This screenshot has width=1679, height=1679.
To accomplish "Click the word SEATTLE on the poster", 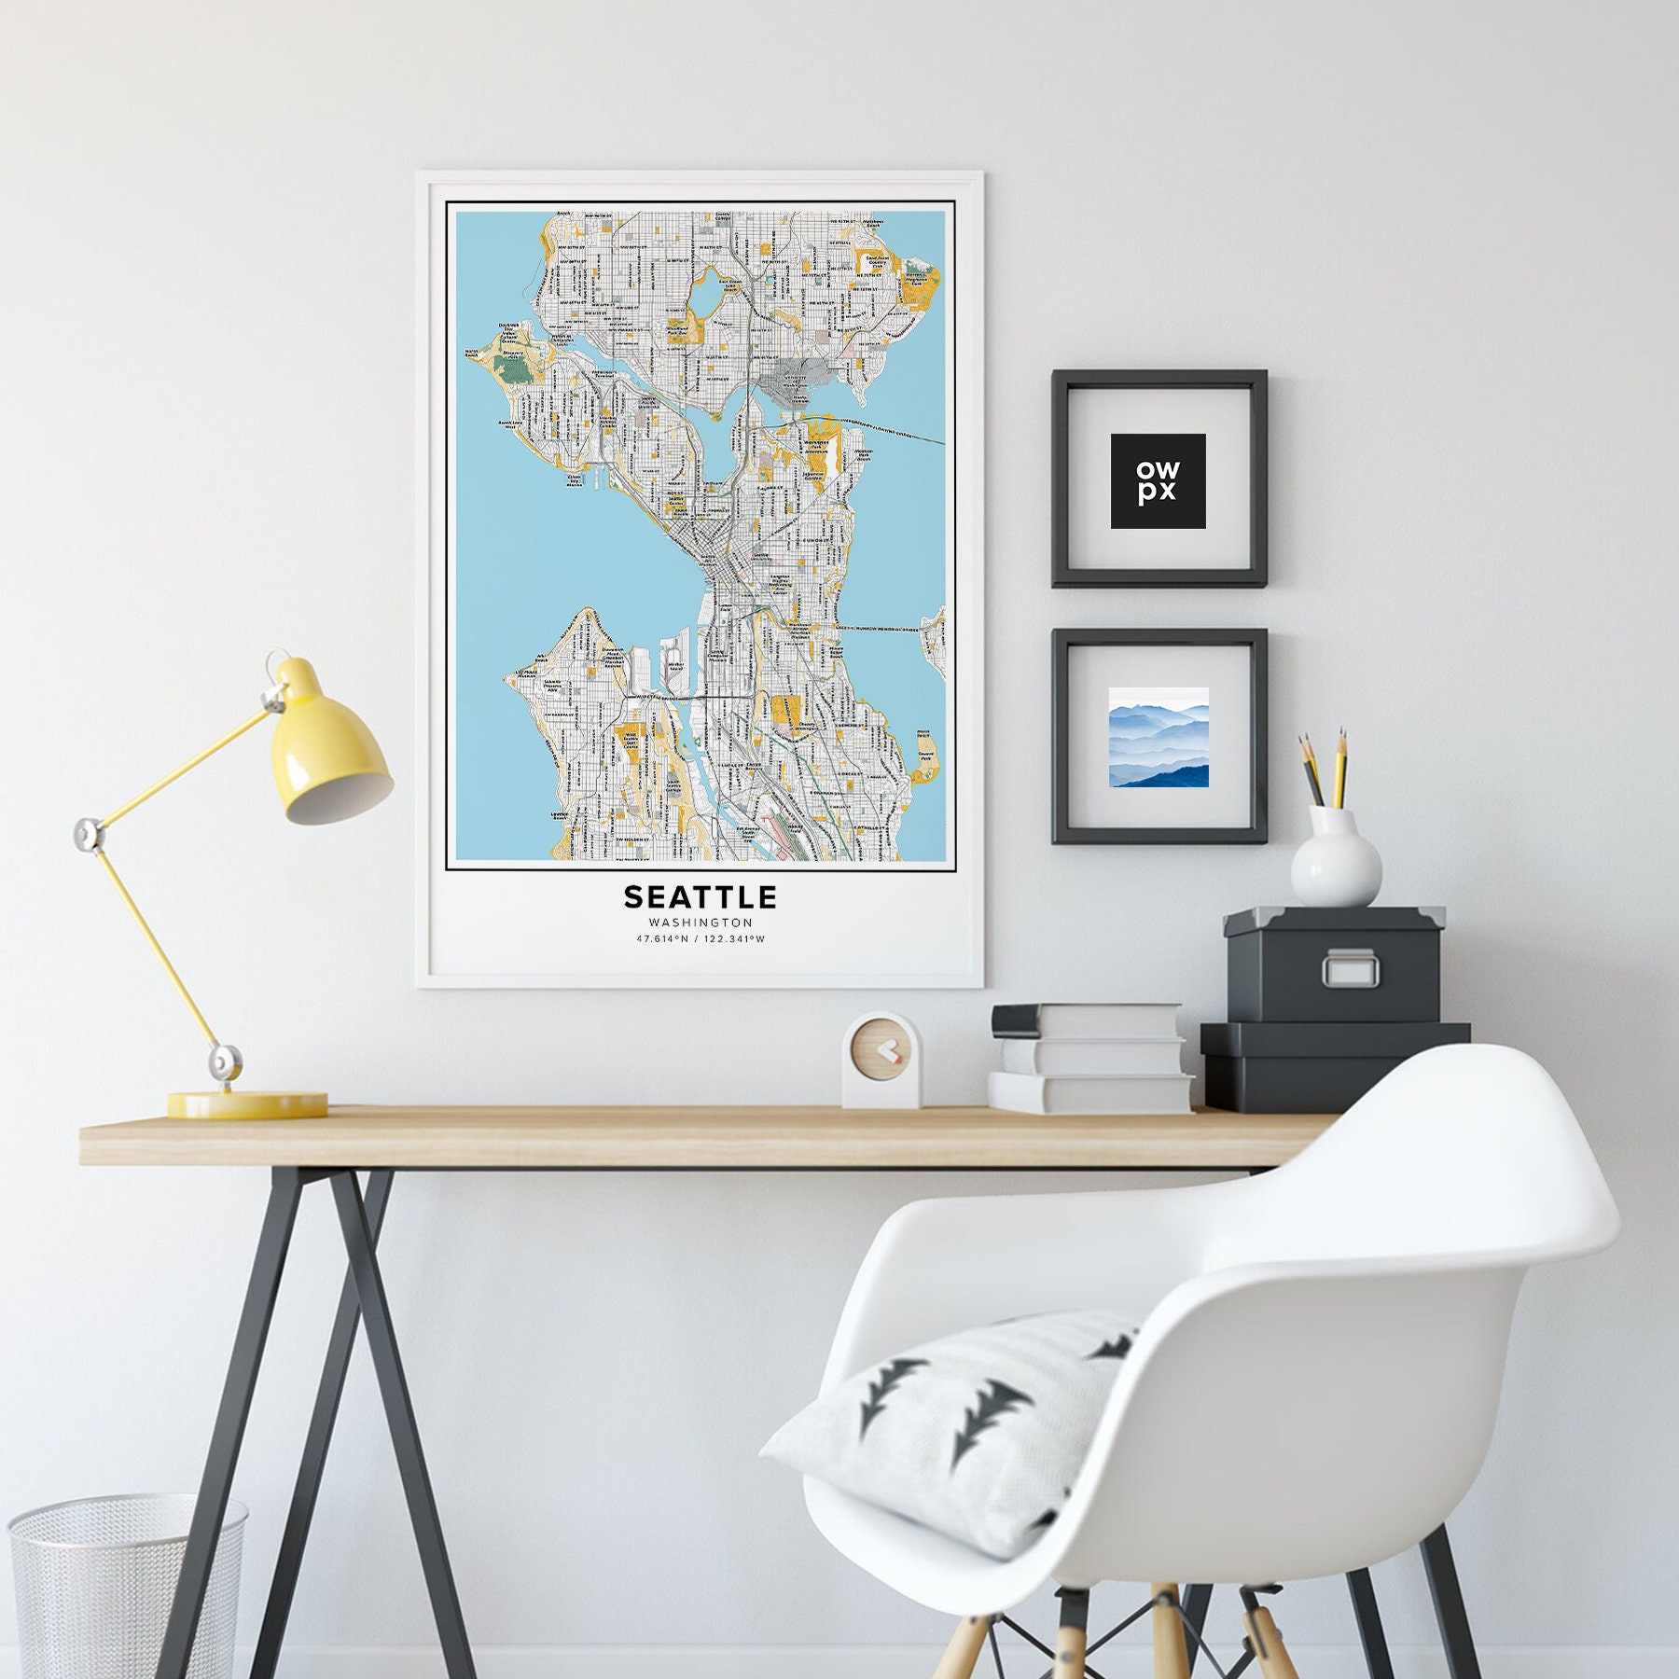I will click(700, 897).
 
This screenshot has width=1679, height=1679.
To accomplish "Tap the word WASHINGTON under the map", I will click(701, 923).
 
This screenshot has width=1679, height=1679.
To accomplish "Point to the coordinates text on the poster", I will click(701, 939).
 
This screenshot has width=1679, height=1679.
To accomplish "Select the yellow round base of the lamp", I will click(247, 1105).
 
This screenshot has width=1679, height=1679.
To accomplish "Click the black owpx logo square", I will click(1158, 480).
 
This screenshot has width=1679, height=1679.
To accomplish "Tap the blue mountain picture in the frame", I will click(1159, 737).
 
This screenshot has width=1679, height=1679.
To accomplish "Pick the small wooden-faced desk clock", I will click(881, 1061).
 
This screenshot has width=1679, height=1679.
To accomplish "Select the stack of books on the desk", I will click(1089, 1058).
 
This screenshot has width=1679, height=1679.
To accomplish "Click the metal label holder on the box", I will click(1349, 968).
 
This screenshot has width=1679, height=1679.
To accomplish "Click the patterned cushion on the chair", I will click(961, 1426).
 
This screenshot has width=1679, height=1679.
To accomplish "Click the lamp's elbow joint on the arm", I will click(89, 832).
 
